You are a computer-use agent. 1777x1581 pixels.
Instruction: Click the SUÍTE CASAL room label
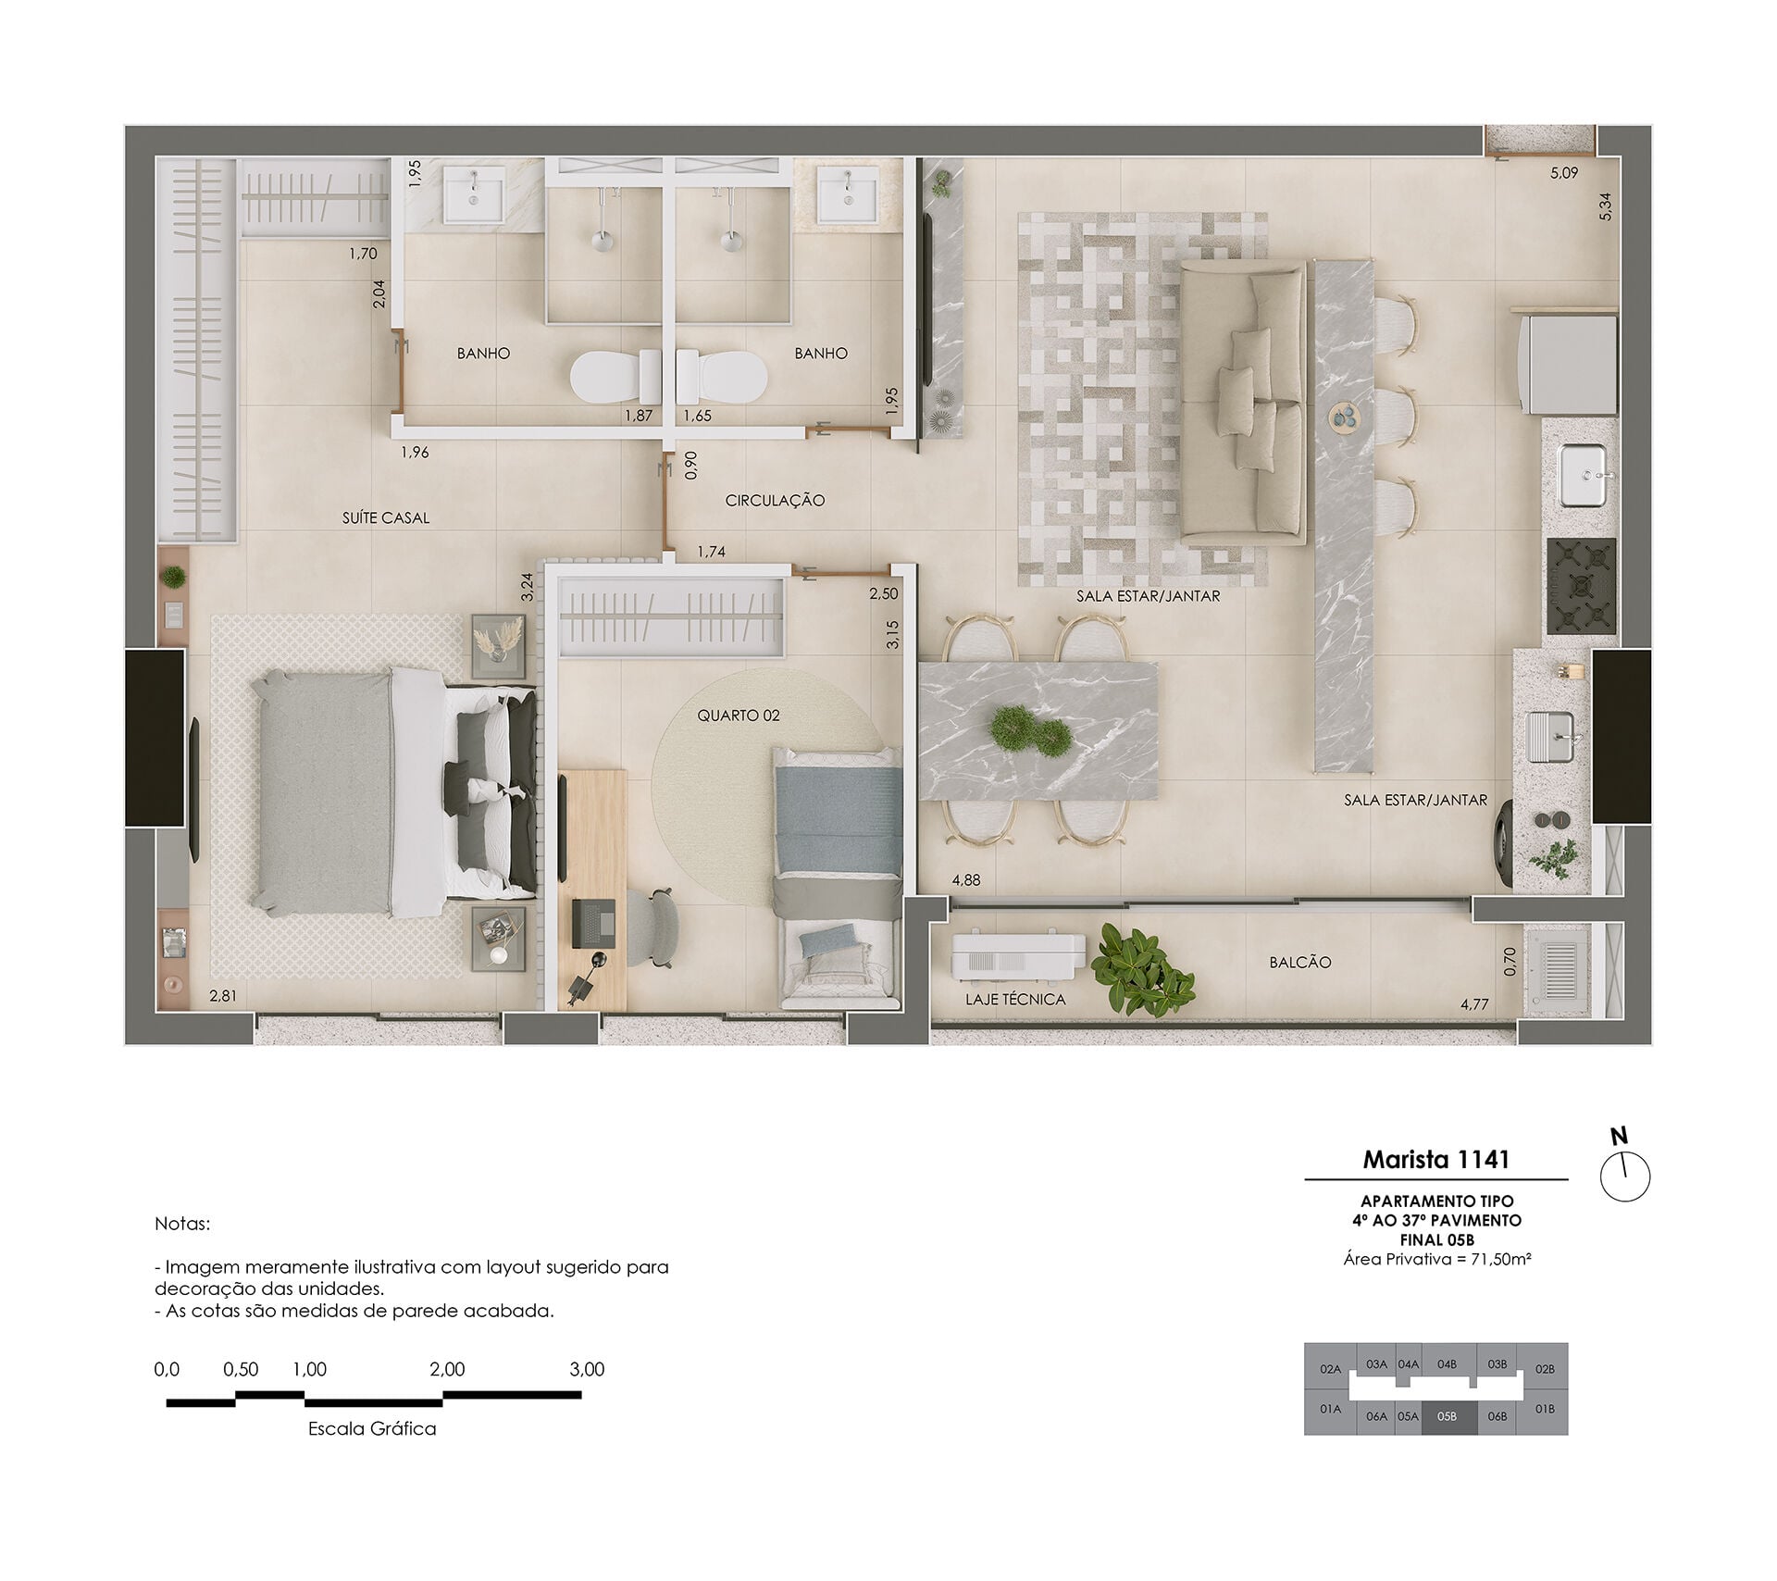point(386,518)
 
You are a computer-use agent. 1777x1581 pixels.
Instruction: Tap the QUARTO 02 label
point(739,716)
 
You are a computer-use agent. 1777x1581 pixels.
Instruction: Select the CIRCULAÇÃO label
point(775,501)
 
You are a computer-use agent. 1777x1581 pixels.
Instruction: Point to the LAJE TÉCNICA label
point(1015,1000)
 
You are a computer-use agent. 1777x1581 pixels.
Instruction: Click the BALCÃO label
point(1300,963)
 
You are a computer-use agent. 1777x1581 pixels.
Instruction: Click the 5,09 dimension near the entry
point(1564,173)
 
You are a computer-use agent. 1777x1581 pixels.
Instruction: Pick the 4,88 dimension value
point(966,880)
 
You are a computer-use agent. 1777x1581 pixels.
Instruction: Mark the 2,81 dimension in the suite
point(223,996)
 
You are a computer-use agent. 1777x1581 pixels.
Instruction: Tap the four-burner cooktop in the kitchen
point(1581,587)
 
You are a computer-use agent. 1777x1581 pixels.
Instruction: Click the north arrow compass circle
point(1625,1177)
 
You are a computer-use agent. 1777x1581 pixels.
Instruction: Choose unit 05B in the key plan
point(1447,1416)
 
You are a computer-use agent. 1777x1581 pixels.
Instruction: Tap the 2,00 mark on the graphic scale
point(447,1369)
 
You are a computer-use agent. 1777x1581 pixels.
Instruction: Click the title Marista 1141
point(1436,1159)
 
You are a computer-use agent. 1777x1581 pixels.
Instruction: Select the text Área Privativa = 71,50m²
point(1436,1259)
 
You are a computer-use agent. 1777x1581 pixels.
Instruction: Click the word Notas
point(182,1224)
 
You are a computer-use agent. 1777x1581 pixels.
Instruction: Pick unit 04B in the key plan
point(1447,1364)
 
